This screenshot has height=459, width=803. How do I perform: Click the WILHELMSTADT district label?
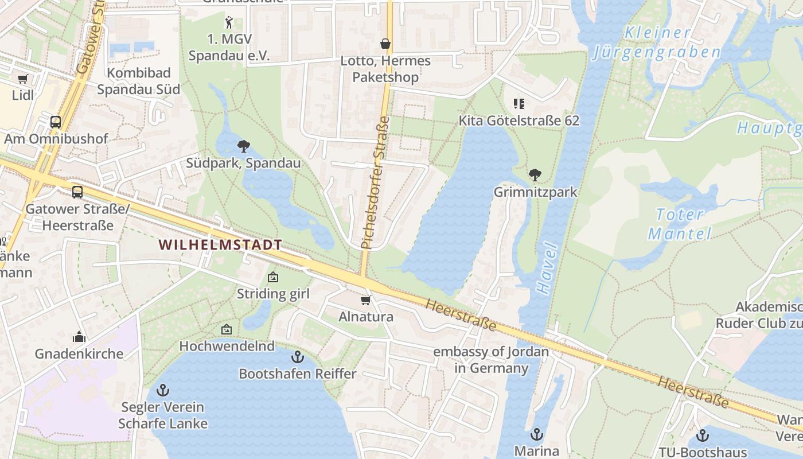[x=220, y=245]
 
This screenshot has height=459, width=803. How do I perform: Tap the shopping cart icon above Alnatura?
[x=365, y=300]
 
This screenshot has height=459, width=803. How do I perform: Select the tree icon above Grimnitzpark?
[x=535, y=174]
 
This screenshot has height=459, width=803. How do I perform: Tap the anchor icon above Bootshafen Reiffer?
[x=297, y=357]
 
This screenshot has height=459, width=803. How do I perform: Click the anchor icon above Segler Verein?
[x=163, y=391]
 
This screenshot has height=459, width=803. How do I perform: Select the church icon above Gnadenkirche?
[x=79, y=337]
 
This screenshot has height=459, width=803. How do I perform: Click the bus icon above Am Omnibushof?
[x=56, y=122]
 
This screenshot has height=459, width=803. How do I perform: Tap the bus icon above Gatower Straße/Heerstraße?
[x=77, y=192]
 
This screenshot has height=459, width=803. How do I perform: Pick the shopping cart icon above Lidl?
[x=22, y=79]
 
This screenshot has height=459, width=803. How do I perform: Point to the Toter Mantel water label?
[x=680, y=224]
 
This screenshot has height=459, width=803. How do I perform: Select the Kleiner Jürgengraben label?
[x=657, y=42]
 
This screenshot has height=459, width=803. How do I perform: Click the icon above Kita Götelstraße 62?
[x=519, y=104]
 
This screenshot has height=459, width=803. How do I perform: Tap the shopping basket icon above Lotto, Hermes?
[x=385, y=44]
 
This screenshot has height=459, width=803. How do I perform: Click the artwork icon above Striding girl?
[x=273, y=278]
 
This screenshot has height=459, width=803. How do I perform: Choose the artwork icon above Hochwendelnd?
[x=227, y=329]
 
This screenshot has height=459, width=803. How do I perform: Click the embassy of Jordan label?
[x=491, y=360]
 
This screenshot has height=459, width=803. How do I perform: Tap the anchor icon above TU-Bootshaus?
[x=702, y=435]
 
